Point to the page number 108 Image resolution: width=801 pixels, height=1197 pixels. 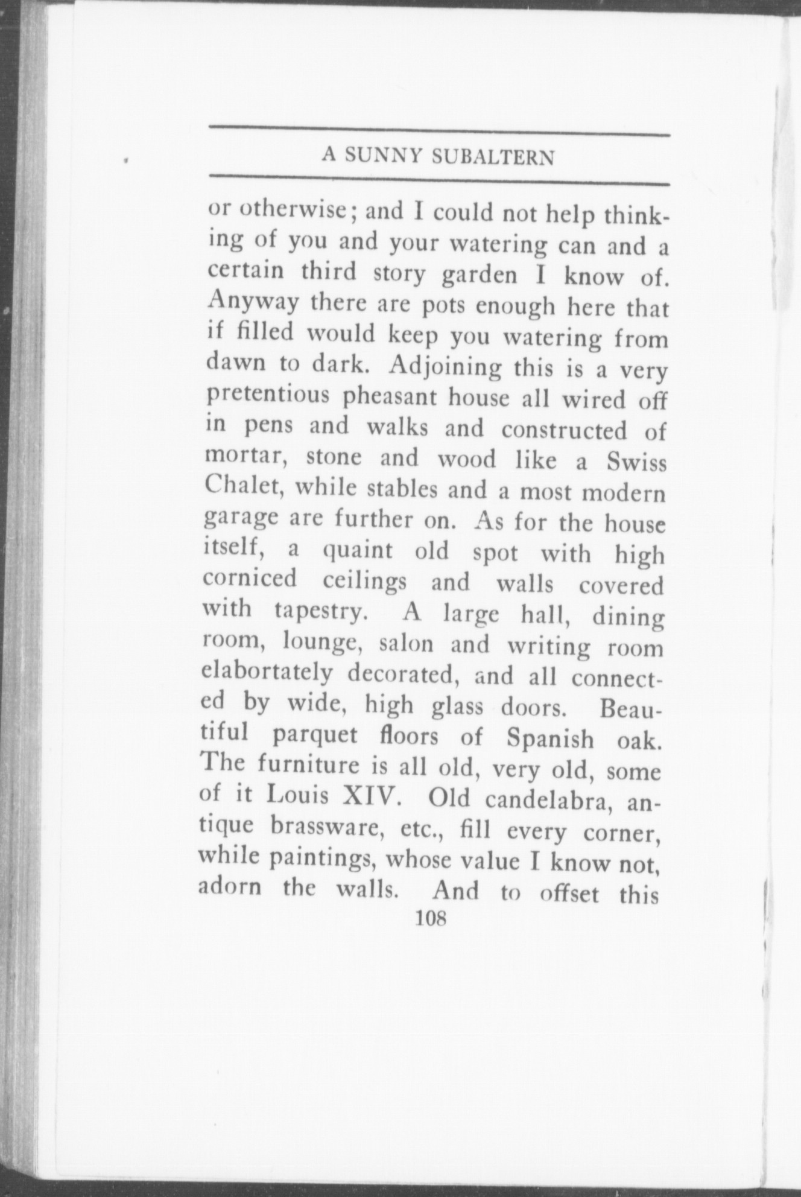[x=429, y=936]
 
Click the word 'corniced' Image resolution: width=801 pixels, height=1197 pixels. [x=250, y=580]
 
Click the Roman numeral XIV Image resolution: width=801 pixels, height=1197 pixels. [x=369, y=797]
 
